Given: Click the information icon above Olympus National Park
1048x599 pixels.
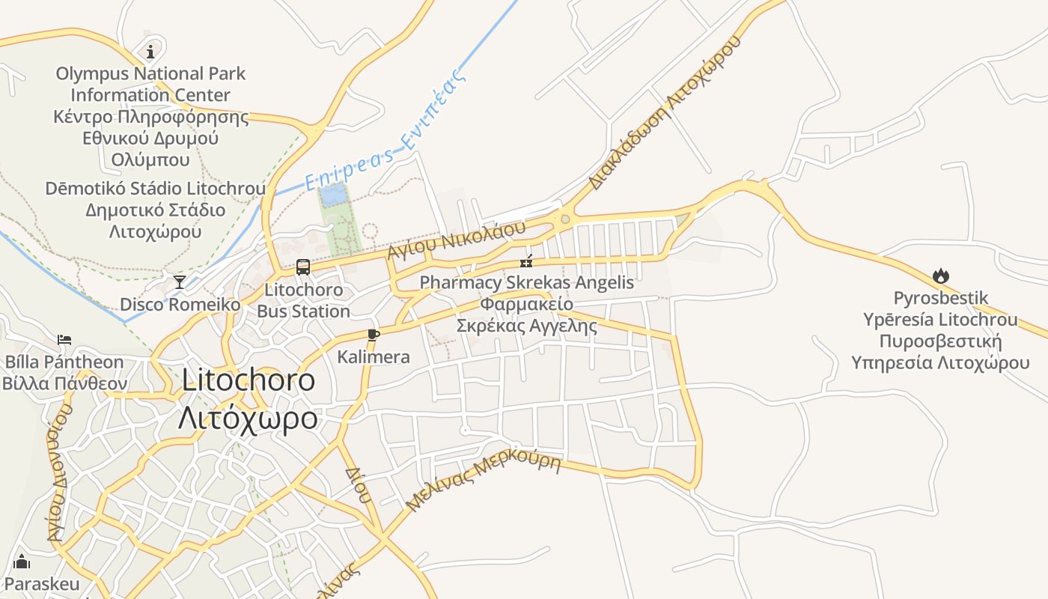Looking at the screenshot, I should click(150, 51).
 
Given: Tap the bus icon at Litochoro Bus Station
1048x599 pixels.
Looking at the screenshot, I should click(303, 267).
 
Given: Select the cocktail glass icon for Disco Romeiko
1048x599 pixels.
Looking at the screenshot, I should click(180, 282).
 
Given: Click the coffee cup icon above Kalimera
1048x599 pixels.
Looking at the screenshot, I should click(374, 335).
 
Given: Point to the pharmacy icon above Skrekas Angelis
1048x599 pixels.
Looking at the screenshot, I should click(527, 261).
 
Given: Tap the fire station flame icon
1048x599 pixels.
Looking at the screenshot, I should click(941, 276).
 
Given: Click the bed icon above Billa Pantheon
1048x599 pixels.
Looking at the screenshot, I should click(64, 340).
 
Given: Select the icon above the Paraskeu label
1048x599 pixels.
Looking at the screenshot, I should click(22, 561).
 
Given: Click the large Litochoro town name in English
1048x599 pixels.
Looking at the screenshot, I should click(248, 380).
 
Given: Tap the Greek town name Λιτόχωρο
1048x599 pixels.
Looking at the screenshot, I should click(248, 418).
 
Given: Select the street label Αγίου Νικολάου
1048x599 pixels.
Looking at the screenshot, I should click(456, 239).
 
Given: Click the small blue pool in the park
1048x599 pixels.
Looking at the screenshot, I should click(333, 195).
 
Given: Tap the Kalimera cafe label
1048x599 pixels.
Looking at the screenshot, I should click(374, 356).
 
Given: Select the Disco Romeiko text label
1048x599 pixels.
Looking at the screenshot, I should click(180, 304).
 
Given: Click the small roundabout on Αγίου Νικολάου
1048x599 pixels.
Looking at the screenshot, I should click(565, 219).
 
